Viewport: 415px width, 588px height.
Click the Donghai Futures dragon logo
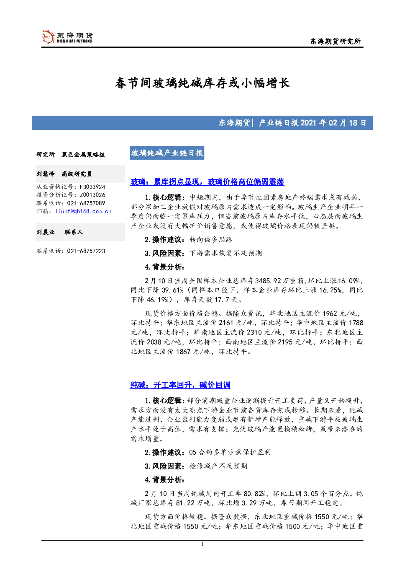pyautogui.click(x=48, y=36)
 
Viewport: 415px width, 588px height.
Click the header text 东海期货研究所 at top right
pyautogui.click(x=336, y=41)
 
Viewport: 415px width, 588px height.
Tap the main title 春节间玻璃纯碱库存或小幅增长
pyautogui.click(x=202, y=83)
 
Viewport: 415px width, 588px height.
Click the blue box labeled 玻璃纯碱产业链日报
pyautogui.click(x=167, y=153)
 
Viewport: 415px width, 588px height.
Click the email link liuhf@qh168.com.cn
pyautogui.click(x=83, y=211)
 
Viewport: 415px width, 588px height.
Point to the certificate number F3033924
pyautogui.click(x=92, y=187)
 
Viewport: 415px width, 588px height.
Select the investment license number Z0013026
pyautogui.click(x=92, y=195)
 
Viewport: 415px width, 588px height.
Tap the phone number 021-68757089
pyautogui.click(x=86, y=203)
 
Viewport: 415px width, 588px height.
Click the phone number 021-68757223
pyautogui.click(x=86, y=251)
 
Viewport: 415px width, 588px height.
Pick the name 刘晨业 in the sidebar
pyautogui.click(x=45, y=232)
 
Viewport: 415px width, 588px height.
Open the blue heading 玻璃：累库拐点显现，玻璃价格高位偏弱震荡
pyautogui.click(x=207, y=181)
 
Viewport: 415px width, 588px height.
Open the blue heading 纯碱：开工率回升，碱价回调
pyautogui.click(x=180, y=385)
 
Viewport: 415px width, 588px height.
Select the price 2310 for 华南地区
pyautogui.click(x=254, y=332)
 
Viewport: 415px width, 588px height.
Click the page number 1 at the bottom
pyautogui.click(x=202, y=544)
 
